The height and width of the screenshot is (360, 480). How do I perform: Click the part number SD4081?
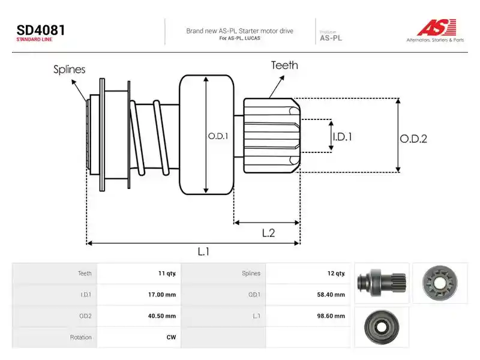coord(41,31)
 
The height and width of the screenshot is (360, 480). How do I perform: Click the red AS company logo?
coord(437,27)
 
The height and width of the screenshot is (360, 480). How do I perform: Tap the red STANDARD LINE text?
coord(34,40)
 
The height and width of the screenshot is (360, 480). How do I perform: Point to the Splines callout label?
coord(69,69)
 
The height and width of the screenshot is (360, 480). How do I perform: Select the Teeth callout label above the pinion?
coord(284,65)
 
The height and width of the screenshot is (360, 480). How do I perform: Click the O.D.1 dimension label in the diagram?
coord(218,136)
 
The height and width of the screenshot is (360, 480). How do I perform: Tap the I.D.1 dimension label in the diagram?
coord(343,137)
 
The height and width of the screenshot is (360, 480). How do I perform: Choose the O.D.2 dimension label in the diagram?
coord(413,139)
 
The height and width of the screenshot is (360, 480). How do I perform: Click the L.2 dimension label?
coord(268,233)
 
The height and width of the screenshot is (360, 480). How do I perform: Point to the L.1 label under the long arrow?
coord(203,251)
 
